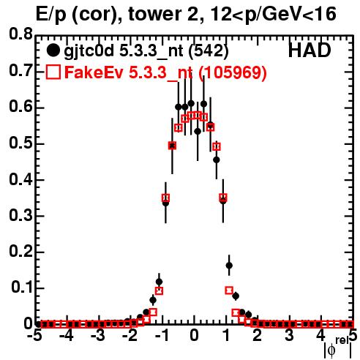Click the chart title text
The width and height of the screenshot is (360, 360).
(186, 14)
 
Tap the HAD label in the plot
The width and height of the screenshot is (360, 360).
(310, 50)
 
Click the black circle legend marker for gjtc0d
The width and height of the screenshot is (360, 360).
(53, 50)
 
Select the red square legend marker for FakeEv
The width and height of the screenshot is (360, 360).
(53, 72)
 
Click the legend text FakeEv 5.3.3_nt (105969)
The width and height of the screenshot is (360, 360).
(166, 72)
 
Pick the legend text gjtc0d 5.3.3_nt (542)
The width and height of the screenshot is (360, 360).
(146, 51)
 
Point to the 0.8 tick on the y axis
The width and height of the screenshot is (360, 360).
(20, 34)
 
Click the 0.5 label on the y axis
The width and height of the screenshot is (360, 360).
(20, 143)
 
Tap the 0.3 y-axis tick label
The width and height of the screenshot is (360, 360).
(20, 216)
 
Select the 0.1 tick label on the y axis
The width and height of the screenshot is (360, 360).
(21, 288)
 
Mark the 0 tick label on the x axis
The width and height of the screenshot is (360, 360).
(194, 336)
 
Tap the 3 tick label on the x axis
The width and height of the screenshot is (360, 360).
(290, 336)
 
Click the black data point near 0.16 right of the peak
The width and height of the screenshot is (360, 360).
(229, 266)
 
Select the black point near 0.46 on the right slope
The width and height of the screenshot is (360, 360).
(217, 160)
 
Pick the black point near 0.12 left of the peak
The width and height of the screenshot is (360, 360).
(159, 282)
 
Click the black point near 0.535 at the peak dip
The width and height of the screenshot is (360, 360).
(198, 132)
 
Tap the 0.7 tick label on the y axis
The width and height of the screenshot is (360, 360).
(20, 71)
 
